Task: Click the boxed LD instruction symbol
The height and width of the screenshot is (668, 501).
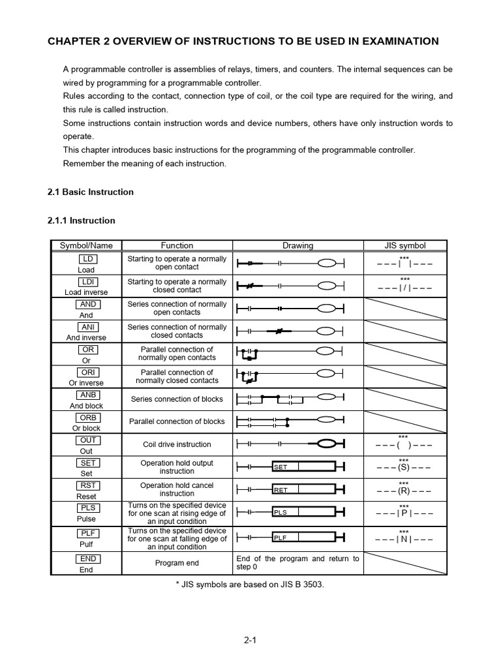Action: (86, 259)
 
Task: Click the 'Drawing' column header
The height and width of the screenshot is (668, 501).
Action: (297, 245)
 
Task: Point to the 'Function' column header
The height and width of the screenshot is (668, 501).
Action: (177, 245)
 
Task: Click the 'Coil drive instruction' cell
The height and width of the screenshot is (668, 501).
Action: (177, 444)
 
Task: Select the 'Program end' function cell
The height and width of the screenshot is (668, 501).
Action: (177, 563)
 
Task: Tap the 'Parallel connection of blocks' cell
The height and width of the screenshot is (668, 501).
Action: (177, 421)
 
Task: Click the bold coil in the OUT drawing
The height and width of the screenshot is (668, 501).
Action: (329, 444)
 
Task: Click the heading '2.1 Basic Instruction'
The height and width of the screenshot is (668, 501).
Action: (91, 192)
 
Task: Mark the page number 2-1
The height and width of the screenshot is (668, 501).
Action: (250, 640)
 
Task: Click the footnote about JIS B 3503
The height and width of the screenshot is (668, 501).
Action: (250, 584)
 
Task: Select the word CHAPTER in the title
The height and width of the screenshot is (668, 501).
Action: (73, 41)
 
